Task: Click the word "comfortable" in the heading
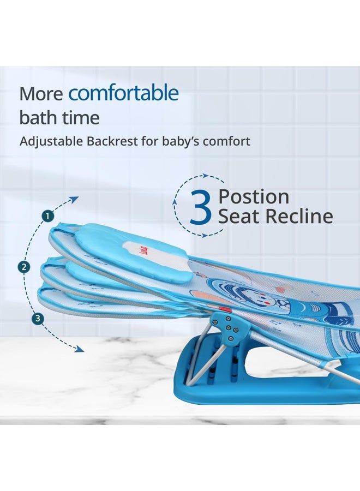(123, 94)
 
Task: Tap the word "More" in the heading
(41, 94)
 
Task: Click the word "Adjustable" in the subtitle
(51, 141)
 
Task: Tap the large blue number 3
(200, 208)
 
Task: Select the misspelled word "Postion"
(254, 196)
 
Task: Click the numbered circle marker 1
(49, 216)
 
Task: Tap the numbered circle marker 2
(23, 267)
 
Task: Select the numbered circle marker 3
(37, 319)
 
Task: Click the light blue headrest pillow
(131, 251)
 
